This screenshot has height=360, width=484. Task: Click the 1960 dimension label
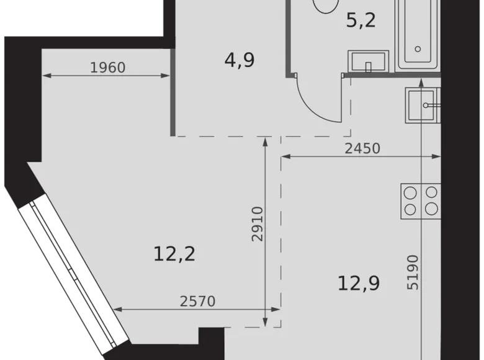108,67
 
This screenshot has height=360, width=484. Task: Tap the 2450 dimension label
362,148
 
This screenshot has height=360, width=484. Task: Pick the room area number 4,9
239,60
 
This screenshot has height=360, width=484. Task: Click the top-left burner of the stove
410,194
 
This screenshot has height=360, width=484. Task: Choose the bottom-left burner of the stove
410,209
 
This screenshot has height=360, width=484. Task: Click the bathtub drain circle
418,48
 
